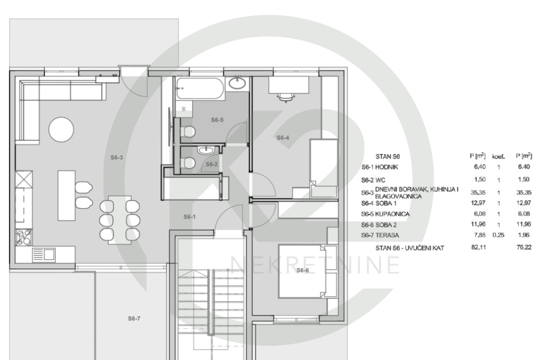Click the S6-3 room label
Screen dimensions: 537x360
pos(117,157)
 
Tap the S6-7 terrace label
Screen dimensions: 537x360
pos(134,319)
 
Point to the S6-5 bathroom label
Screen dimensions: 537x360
pos(217,120)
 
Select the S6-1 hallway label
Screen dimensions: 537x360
pos(190,216)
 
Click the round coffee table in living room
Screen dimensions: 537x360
pos(62,129)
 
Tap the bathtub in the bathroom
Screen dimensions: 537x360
pos(201,89)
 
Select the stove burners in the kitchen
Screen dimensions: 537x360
pos(24,237)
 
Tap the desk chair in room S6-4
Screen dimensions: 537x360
pos(286,97)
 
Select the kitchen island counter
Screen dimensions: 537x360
pos(67,195)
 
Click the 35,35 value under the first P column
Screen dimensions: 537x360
pos(478,193)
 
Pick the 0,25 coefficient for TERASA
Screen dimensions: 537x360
pos(498,235)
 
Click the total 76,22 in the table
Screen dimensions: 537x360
pos(524,247)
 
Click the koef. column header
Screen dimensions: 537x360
pos(498,157)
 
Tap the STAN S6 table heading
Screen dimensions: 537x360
pos(388,157)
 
